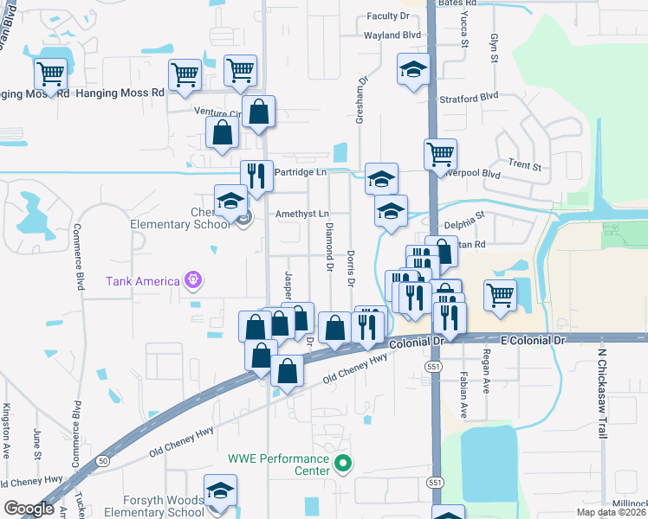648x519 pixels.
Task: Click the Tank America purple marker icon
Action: click(192, 280)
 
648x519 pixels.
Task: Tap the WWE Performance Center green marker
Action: click(343, 465)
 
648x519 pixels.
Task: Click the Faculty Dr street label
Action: click(387, 16)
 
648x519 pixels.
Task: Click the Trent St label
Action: click(524, 164)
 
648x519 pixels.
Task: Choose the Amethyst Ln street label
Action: click(302, 214)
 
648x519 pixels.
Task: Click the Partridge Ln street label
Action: click(300, 172)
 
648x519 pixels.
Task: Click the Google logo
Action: click(29, 509)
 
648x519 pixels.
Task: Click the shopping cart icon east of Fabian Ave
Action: click(501, 295)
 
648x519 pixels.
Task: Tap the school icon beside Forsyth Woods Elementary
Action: click(220, 490)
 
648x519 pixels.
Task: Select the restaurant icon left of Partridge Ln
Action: click(256, 176)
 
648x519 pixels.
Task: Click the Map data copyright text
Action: click(610, 512)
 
